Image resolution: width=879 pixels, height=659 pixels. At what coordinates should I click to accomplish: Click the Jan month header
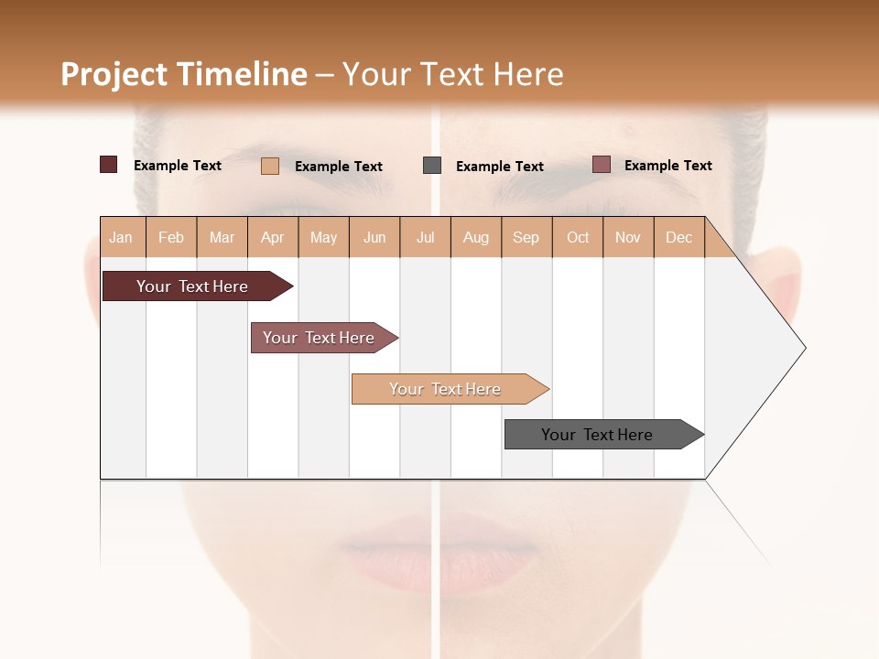click(x=122, y=237)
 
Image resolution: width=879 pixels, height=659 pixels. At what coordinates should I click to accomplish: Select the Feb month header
click(x=171, y=237)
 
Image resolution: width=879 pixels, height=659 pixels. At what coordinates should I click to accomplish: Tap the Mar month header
click(x=222, y=237)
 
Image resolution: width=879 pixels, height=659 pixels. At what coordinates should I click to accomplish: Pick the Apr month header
click(x=273, y=237)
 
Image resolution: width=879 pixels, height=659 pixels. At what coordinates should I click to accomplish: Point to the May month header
click(x=323, y=237)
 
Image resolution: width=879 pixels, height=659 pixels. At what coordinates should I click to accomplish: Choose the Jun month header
click(x=374, y=237)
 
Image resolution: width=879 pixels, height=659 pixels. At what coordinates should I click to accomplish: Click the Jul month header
click(x=425, y=237)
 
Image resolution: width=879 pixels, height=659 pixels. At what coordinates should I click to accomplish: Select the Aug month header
click(x=476, y=237)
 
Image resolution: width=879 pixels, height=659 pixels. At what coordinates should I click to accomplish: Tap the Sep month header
click(x=526, y=237)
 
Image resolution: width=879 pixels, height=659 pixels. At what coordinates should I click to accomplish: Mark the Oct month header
click(x=578, y=237)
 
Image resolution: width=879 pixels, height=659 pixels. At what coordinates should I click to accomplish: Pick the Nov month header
click(x=628, y=237)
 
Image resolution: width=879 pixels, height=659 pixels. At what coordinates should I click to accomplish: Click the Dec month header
click(x=679, y=237)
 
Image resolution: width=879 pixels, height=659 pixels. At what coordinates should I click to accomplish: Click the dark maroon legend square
click(x=108, y=165)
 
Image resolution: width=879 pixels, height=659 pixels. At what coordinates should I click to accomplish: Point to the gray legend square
click(x=432, y=166)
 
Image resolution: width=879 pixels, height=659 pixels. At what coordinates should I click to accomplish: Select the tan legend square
click(x=270, y=166)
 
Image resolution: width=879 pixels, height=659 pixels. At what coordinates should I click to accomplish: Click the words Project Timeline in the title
click(x=184, y=74)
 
